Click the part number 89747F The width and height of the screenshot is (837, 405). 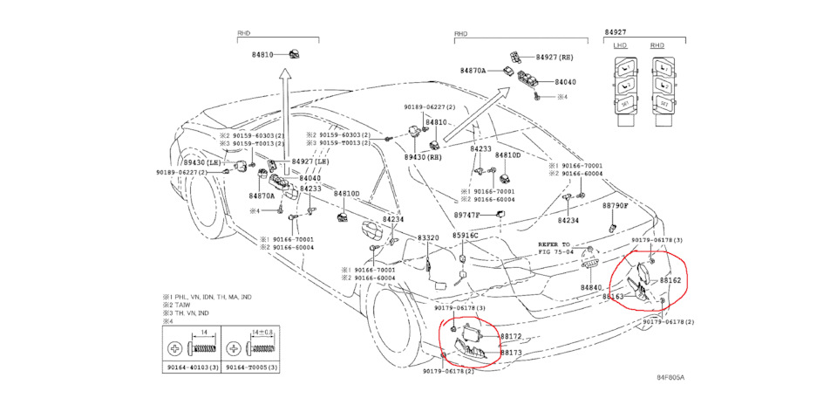466,215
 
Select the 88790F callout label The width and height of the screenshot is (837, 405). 616,206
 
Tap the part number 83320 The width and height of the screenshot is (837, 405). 427,237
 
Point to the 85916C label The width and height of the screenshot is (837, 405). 465,236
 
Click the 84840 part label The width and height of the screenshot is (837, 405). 592,287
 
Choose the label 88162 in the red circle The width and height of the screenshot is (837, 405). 670,280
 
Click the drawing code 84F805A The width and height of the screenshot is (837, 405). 670,378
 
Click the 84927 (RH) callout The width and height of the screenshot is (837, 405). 555,56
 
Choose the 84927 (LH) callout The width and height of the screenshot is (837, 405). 310,161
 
